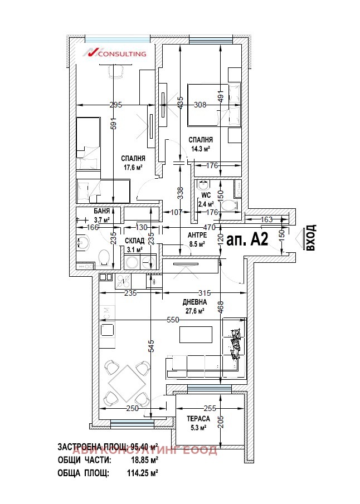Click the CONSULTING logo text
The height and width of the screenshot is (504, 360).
click(x=122, y=54)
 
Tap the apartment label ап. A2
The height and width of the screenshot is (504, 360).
click(x=249, y=239)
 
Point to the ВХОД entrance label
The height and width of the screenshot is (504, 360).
click(x=311, y=238)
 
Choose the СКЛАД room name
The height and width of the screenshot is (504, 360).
click(x=135, y=241)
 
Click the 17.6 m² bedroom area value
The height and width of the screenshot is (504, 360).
click(x=133, y=167)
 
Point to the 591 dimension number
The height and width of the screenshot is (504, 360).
click(x=113, y=126)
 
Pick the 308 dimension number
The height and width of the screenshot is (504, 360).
click(x=200, y=105)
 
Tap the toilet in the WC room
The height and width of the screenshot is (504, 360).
click(x=228, y=205)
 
